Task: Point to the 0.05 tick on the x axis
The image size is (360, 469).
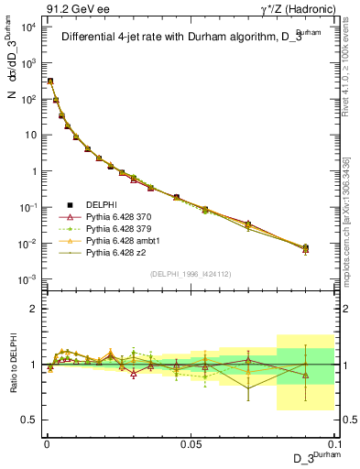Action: [x=190, y=442]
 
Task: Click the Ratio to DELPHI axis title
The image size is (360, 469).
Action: [x=12, y=364]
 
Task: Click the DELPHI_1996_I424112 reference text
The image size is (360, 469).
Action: [x=186, y=274]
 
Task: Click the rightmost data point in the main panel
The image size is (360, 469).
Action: [x=306, y=247]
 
